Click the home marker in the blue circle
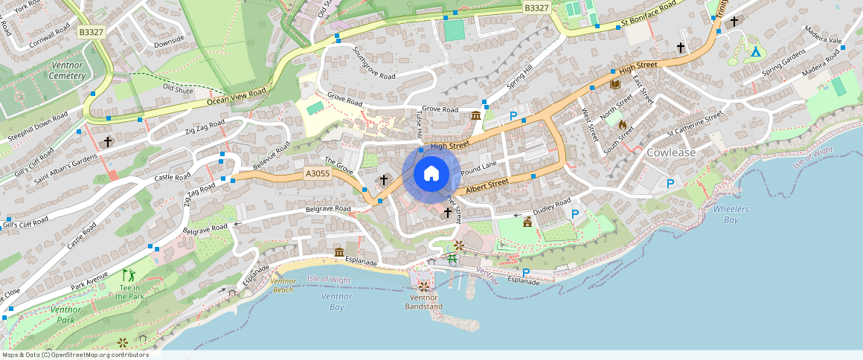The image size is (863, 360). (431, 174)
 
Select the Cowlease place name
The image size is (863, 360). (670, 152)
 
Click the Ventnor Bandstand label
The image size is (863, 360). (423, 302)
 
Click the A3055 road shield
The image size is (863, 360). (318, 174)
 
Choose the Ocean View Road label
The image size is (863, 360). (237, 97)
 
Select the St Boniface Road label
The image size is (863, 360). (649, 15)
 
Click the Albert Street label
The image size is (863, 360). (487, 187)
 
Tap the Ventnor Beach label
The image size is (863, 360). (283, 285)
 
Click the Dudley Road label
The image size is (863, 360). (552, 206)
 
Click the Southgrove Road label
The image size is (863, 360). (373, 64)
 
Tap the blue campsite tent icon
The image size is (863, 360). (756, 52)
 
